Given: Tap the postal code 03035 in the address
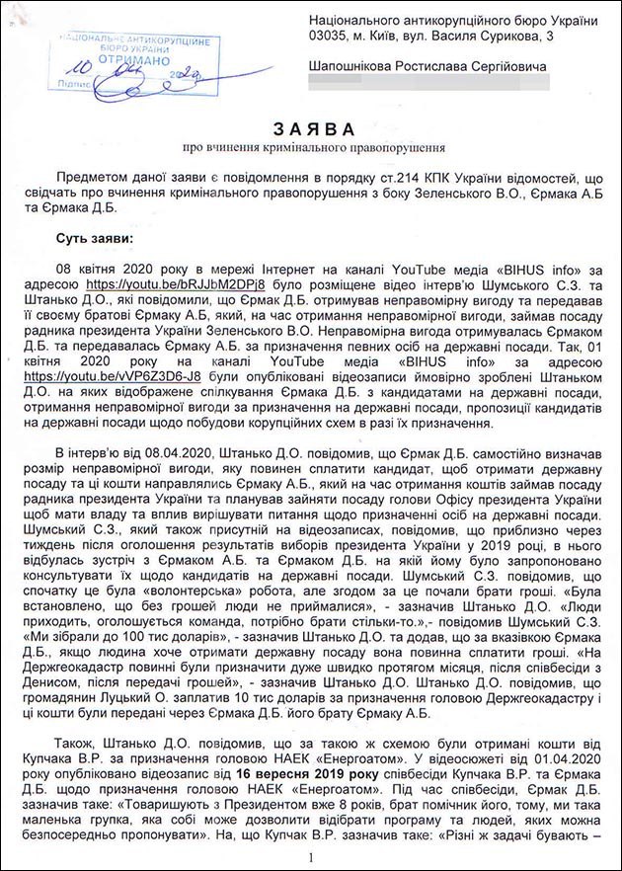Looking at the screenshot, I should click(331, 37).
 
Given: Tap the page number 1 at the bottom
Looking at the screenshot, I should click(311, 858).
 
